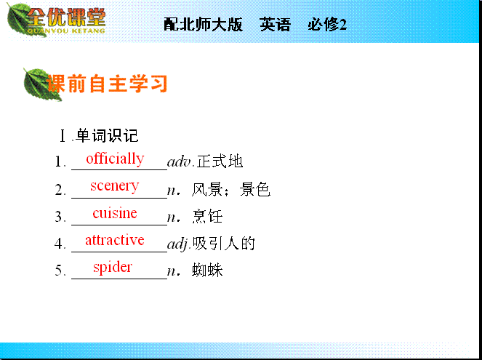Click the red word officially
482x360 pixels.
tap(115, 159)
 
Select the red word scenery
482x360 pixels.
tap(114, 186)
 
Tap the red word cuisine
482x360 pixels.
tap(115, 213)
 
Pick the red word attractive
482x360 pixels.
tap(115, 240)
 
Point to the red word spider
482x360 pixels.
tap(113, 267)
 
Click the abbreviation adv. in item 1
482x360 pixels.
tap(181, 161)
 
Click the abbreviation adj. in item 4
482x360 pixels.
tap(180, 244)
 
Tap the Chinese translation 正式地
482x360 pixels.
tap(220, 161)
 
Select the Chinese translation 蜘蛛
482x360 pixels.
tap(207, 271)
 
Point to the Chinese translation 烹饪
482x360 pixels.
tap(207, 216)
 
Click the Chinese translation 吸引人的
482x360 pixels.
tap(223, 243)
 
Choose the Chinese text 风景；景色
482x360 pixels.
tap(231, 189)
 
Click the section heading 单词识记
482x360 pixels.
tap(107, 135)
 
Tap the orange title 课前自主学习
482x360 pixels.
tap(107, 84)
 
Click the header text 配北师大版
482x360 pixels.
tap(203, 24)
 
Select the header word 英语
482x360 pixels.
tap(275, 24)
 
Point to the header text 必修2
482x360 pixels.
tap(327, 24)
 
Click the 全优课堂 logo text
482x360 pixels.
tap(66, 17)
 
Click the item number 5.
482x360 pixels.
tap(59, 271)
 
